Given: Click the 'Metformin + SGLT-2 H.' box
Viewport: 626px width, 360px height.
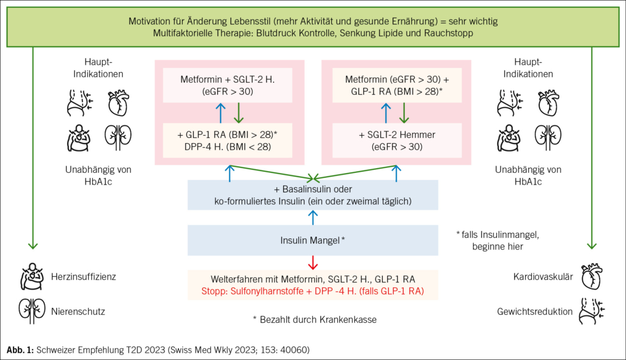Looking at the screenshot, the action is point(227,85).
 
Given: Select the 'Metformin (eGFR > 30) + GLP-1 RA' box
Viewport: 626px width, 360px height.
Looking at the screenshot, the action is point(397,85).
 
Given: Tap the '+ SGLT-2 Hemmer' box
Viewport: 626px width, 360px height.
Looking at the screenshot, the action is point(397,141).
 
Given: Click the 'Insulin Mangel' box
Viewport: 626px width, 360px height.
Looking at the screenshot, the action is point(312,240).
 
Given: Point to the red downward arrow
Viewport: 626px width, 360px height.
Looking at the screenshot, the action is point(312,263).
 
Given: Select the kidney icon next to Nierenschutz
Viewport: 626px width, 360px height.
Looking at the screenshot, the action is point(32,310).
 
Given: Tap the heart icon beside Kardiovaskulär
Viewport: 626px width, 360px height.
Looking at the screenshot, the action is point(592,276).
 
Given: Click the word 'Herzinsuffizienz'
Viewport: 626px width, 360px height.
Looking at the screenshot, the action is point(83,277).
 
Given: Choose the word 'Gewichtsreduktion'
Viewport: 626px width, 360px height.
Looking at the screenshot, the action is point(534,311).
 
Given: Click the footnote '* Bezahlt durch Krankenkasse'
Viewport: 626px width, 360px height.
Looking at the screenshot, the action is point(315,319).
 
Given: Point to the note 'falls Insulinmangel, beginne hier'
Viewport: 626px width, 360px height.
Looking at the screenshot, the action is point(498,240).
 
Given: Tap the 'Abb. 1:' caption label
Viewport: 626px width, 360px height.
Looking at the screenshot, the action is point(20,350).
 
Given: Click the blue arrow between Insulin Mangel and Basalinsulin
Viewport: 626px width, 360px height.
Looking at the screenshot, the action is point(313,218).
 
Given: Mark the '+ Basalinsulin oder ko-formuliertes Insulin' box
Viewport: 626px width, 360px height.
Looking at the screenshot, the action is point(312,195).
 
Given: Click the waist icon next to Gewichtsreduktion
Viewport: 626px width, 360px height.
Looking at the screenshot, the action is point(592,311).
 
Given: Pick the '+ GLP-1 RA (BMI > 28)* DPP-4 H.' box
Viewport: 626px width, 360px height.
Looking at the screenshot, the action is point(227,141).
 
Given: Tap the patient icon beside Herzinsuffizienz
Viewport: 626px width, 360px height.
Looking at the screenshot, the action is point(32,276).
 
